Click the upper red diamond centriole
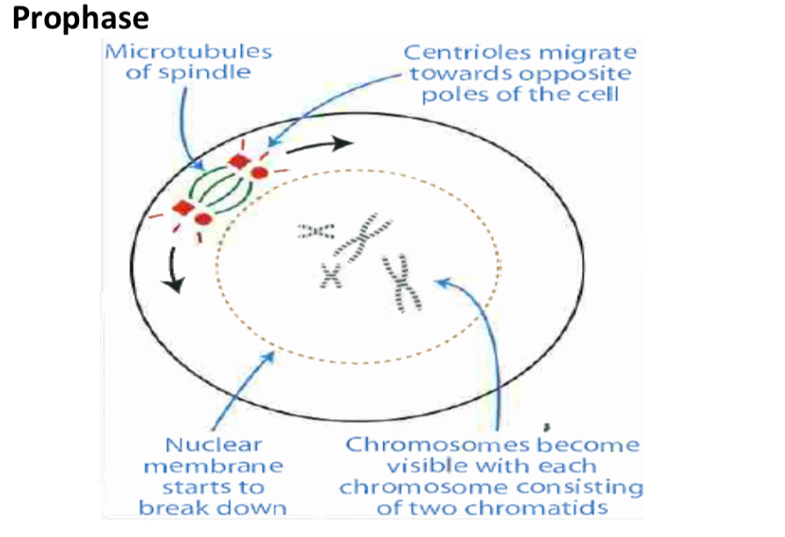click(x=238, y=163)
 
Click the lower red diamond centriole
click(x=184, y=208)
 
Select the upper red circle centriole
click(x=259, y=172)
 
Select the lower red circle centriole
click(x=204, y=218)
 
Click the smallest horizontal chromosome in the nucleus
click(x=316, y=231)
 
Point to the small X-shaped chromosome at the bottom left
click(x=330, y=275)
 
